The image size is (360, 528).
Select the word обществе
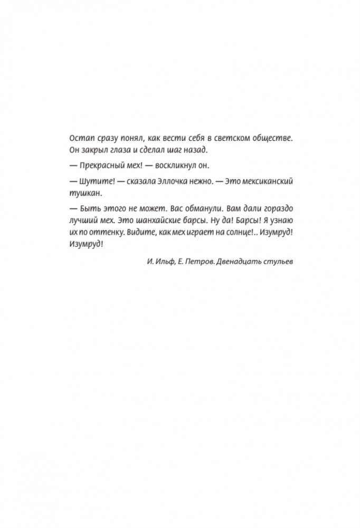tap(272, 138)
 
